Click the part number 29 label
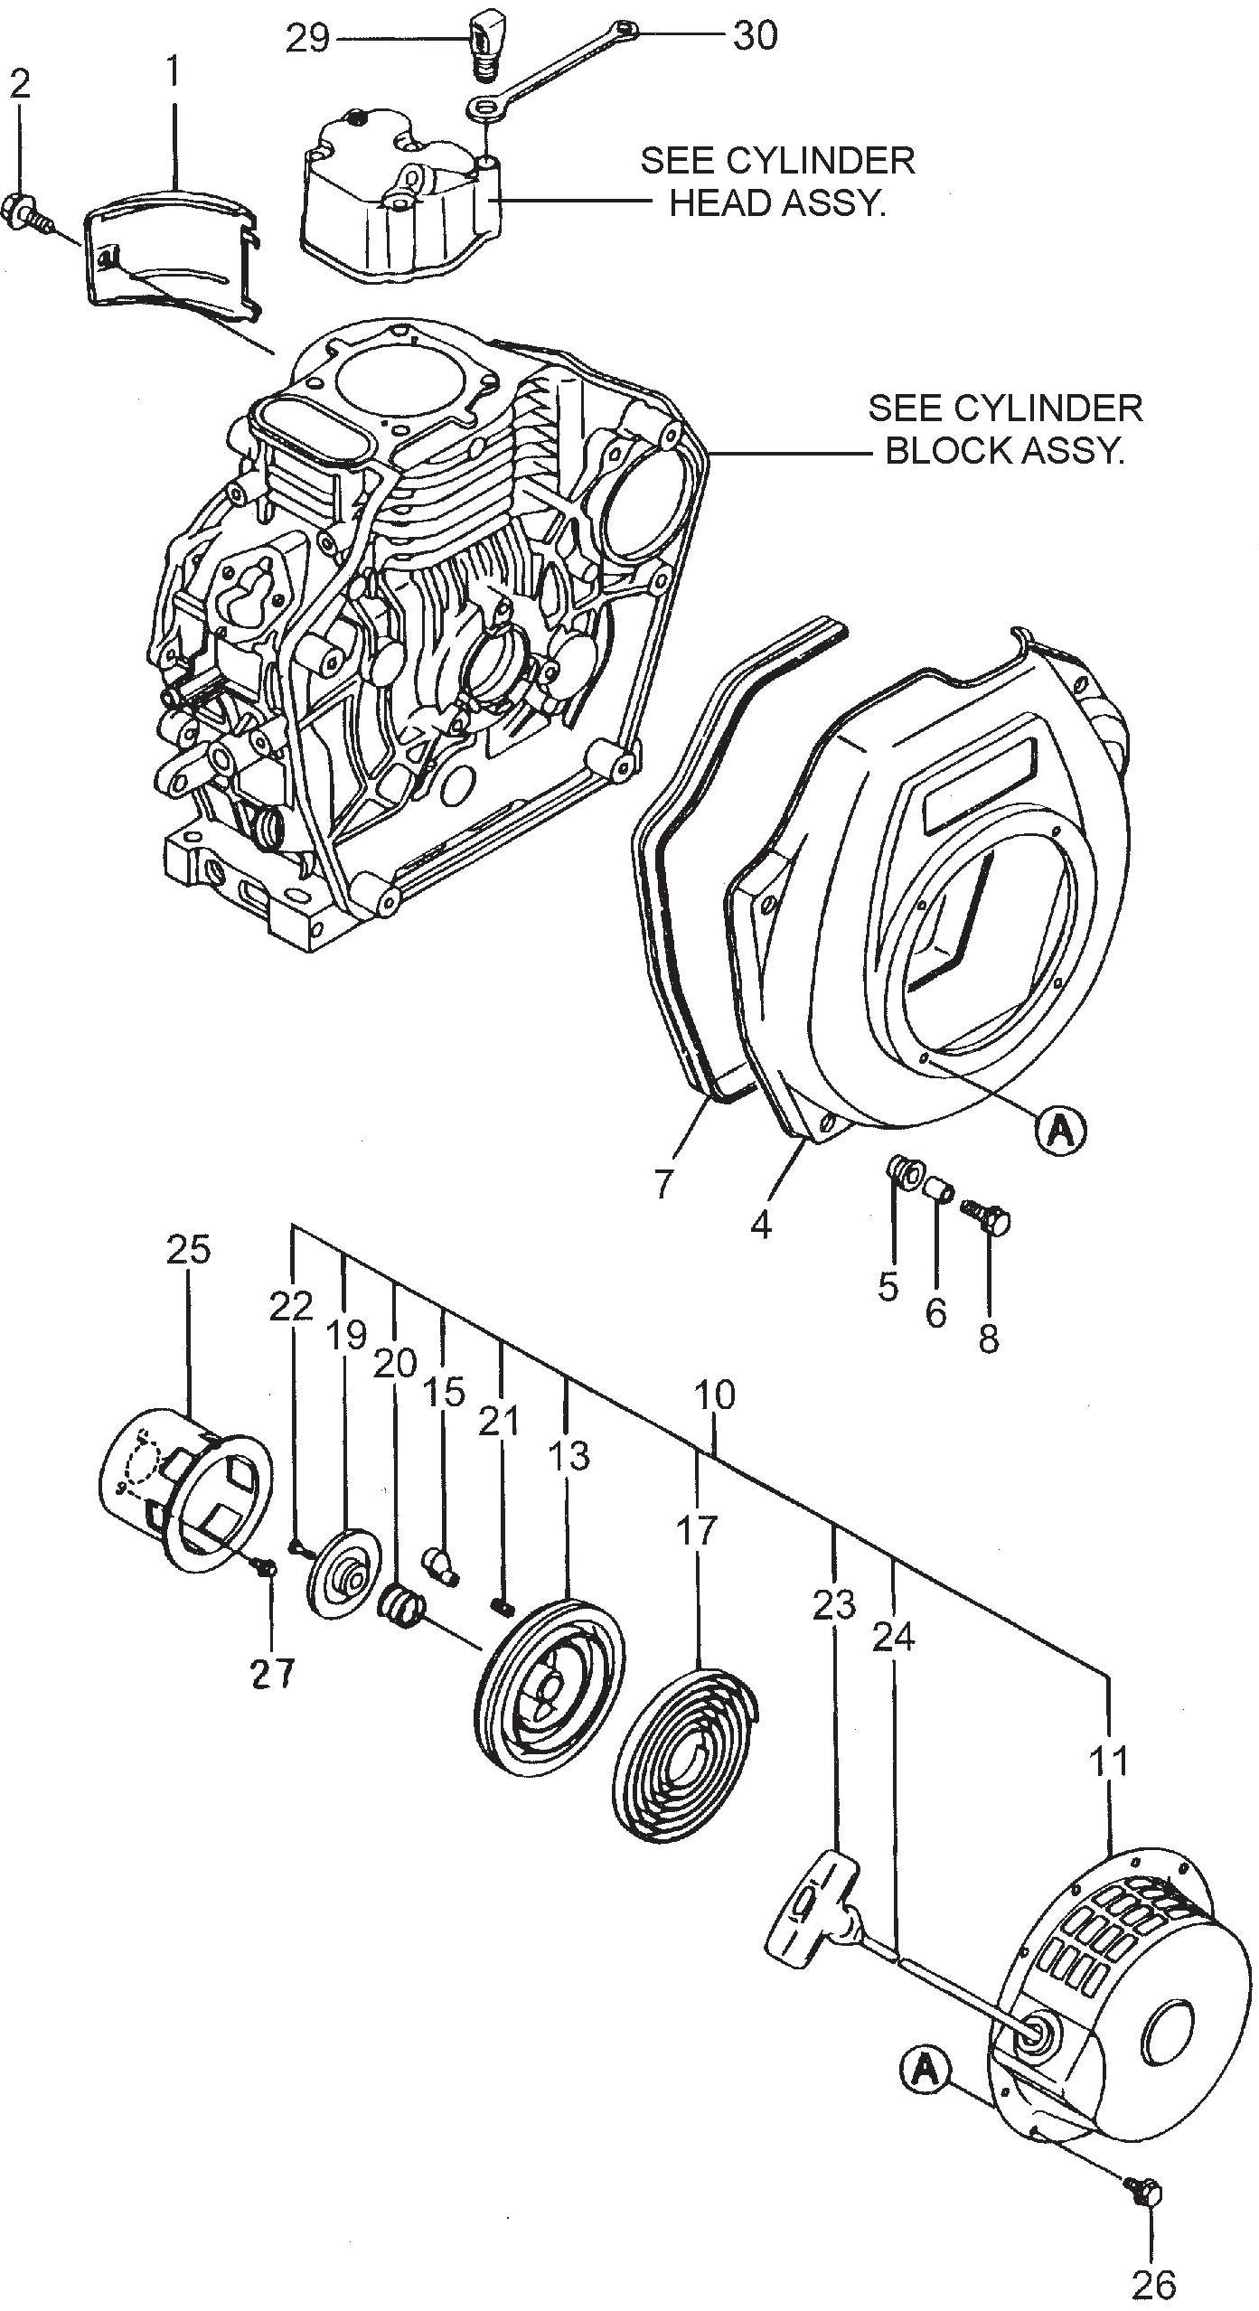pyautogui.click(x=306, y=39)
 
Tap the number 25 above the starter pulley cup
pyautogui.click(x=188, y=1250)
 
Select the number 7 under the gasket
pyautogui.click(x=664, y=1183)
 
